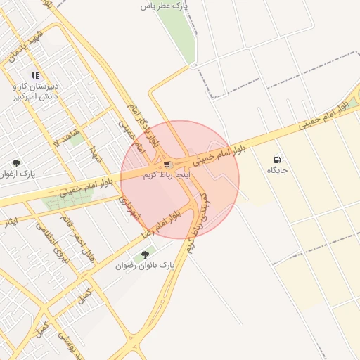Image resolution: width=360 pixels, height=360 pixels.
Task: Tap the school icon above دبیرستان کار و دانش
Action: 35,75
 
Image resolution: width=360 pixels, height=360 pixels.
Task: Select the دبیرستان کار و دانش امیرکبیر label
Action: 36,91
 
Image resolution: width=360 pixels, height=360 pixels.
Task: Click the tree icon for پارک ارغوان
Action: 16,162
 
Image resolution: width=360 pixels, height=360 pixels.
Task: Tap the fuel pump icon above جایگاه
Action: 277,160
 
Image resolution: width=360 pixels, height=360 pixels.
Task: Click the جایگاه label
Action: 274,171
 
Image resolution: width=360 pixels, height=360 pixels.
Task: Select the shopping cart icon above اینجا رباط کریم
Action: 166,163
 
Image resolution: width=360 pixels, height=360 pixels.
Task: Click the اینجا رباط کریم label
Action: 167,173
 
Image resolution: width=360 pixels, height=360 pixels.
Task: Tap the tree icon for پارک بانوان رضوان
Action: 145,255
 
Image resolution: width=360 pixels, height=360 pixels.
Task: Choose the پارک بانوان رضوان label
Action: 144,266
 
